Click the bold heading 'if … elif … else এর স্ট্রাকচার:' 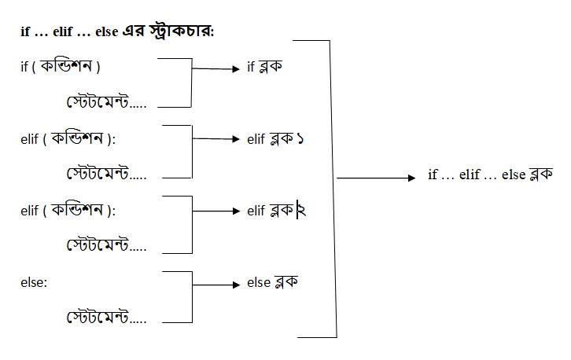[118, 31]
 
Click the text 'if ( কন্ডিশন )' [60, 67]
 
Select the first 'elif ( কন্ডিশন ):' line [68, 139]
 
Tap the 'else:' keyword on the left [35, 282]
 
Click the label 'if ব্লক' [265, 68]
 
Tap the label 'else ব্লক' [272, 282]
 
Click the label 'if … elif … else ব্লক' [491, 174]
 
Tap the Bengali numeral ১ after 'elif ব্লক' [300, 140]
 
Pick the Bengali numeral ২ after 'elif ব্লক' [302, 211]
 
